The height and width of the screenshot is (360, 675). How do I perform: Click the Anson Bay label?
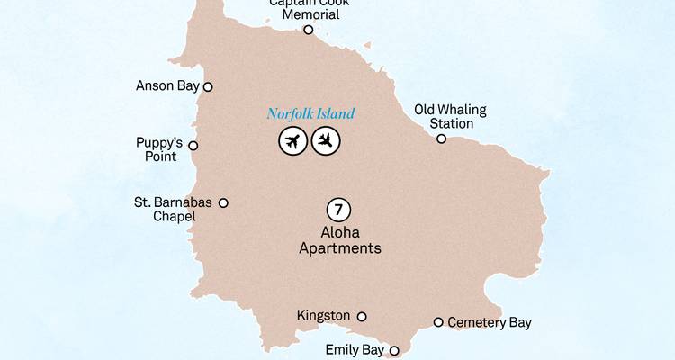166,86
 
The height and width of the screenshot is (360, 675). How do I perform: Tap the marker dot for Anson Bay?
208,87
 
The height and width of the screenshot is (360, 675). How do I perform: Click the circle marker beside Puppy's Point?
193,146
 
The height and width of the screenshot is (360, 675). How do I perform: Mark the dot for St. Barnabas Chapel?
223,203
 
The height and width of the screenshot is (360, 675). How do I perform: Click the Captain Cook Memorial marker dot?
308,30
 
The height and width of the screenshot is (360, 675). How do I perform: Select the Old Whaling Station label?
450,116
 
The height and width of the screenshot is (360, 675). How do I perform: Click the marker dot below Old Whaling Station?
441,139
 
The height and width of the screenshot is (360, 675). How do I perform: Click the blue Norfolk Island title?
310,114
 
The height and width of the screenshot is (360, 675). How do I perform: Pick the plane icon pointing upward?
292,141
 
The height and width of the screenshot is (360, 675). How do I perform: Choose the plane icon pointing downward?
326,141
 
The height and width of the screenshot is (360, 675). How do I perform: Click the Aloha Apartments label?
339,240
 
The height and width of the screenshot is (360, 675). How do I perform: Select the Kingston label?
323,316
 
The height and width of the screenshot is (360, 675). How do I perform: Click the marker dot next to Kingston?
362,317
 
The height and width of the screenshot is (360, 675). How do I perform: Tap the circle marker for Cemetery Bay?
438,322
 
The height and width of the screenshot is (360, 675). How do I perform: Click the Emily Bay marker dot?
394,351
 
